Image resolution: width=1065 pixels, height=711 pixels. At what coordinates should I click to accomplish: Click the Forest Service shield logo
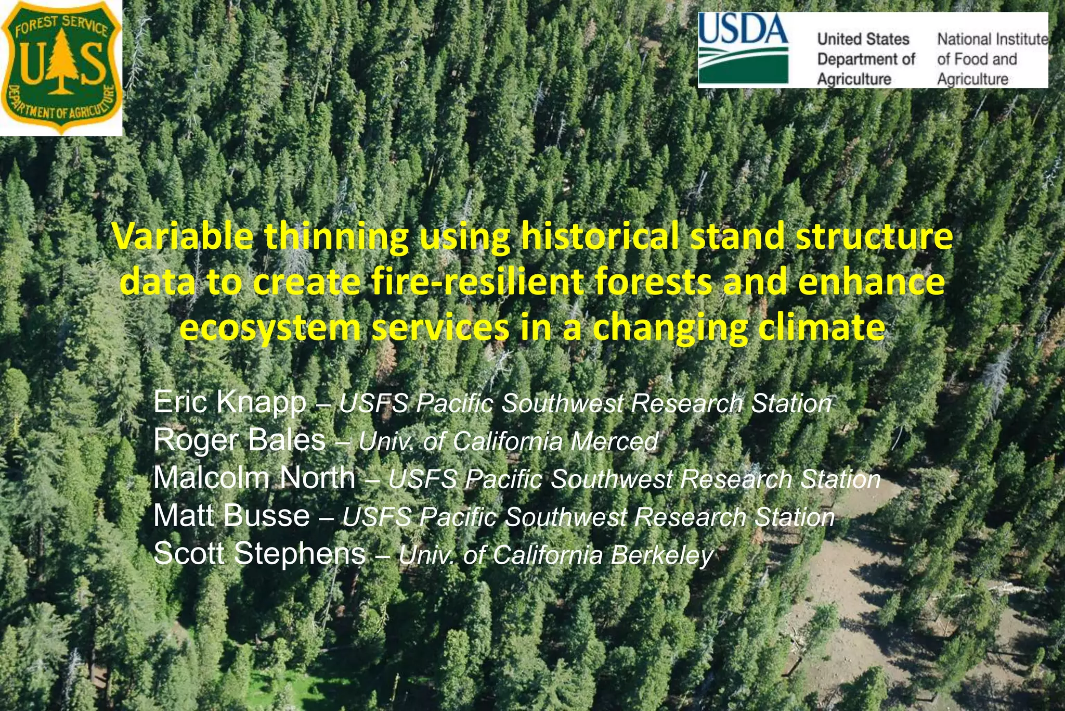click(61, 68)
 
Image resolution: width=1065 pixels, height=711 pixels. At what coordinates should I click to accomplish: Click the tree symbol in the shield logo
click(62, 62)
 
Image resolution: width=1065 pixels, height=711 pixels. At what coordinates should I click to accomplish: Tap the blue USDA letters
click(743, 30)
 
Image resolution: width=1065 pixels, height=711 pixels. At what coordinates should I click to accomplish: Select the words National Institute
click(992, 40)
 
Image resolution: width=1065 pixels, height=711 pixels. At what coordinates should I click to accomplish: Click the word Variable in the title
click(183, 237)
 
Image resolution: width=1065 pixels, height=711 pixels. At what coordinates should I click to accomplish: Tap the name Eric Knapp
click(229, 402)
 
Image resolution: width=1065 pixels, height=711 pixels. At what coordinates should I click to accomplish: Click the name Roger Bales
click(239, 440)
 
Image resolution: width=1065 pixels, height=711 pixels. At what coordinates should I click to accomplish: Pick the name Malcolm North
click(254, 478)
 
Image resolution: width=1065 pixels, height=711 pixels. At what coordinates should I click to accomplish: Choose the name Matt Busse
click(231, 516)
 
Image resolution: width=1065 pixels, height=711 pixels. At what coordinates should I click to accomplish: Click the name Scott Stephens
click(259, 553)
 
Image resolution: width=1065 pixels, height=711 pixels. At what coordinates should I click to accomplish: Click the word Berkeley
click(661, 555)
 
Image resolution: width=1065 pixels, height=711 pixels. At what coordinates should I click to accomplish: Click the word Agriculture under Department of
click(854, 79)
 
